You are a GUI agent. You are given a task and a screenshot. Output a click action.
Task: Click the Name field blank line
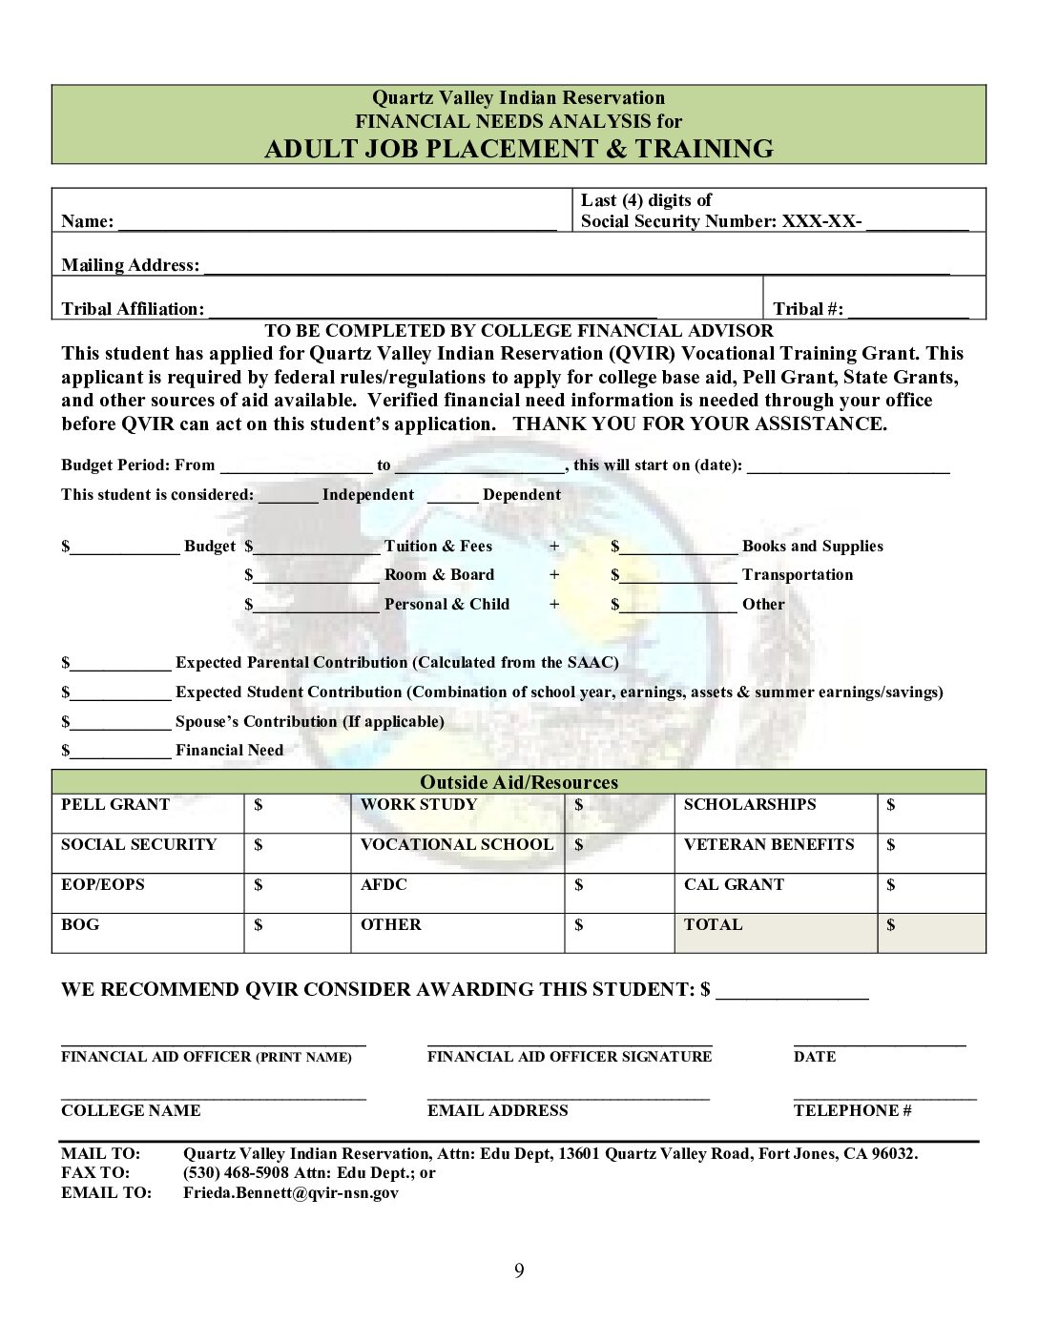click(x=336, y=224)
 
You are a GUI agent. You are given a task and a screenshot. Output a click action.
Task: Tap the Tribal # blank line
click(x=907, y=311)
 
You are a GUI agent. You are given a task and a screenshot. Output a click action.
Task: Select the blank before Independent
click(x=287, y=497)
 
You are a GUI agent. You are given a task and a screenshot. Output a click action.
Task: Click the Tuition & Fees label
click(x=438, y=547)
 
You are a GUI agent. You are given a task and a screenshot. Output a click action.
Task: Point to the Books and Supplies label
click(x=812, y=547)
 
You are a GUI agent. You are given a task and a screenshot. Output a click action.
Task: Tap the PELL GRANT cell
click(x=148, y=814)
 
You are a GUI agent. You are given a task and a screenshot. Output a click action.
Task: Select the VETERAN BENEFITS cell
click(x=775, y=854)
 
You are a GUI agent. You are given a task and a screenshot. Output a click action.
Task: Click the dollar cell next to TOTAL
click(x=930, y=933)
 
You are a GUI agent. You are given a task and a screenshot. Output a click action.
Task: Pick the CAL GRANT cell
click(x=775, y=894)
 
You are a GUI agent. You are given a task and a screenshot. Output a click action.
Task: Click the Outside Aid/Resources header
click(x=519, y=782)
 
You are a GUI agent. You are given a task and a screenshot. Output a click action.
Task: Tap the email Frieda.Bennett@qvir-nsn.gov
click(x=291, y=1192)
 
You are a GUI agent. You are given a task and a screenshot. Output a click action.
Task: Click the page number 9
click(x=519, y=1270)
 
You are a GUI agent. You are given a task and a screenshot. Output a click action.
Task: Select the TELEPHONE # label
click(x=852, y=1110)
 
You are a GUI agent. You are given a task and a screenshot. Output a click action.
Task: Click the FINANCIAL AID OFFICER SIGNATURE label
click(x=570, y=1057)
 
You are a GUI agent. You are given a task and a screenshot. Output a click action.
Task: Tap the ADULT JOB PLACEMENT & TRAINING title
click(x=518, y=149)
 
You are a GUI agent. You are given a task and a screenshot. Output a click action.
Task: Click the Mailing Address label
click(x=131, y=265)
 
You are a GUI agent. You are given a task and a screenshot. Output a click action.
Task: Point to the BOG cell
click(x=148, y=933)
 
